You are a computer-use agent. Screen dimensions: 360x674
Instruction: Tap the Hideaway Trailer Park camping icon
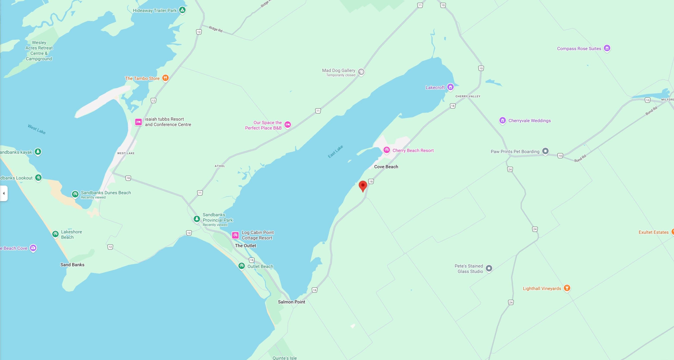tap(182, 10)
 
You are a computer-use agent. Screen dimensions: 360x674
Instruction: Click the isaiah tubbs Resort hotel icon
tap(138, 122)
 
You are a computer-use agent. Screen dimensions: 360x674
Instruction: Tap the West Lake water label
tap(37, 129)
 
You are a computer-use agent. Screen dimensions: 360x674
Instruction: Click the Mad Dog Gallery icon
tap(361, 72)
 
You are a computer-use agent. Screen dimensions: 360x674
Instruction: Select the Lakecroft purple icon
tap(450, 87)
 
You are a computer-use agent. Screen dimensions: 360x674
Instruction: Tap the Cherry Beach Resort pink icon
tap(386, 150)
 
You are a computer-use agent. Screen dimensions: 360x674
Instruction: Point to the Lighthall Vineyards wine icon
tap(567, 288)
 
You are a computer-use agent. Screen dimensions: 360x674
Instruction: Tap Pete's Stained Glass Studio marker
tap(489, 268)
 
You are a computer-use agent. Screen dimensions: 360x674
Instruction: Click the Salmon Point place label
tap(291, 302)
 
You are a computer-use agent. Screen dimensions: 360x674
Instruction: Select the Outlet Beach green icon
tap(242, 266)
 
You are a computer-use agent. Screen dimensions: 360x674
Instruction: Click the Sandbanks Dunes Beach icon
tap(75, 194)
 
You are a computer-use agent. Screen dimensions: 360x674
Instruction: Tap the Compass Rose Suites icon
tap(607, 48)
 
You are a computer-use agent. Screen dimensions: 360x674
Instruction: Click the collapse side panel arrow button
tap(4, 193)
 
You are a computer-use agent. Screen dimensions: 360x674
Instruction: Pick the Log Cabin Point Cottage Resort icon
tap(235, 235)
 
